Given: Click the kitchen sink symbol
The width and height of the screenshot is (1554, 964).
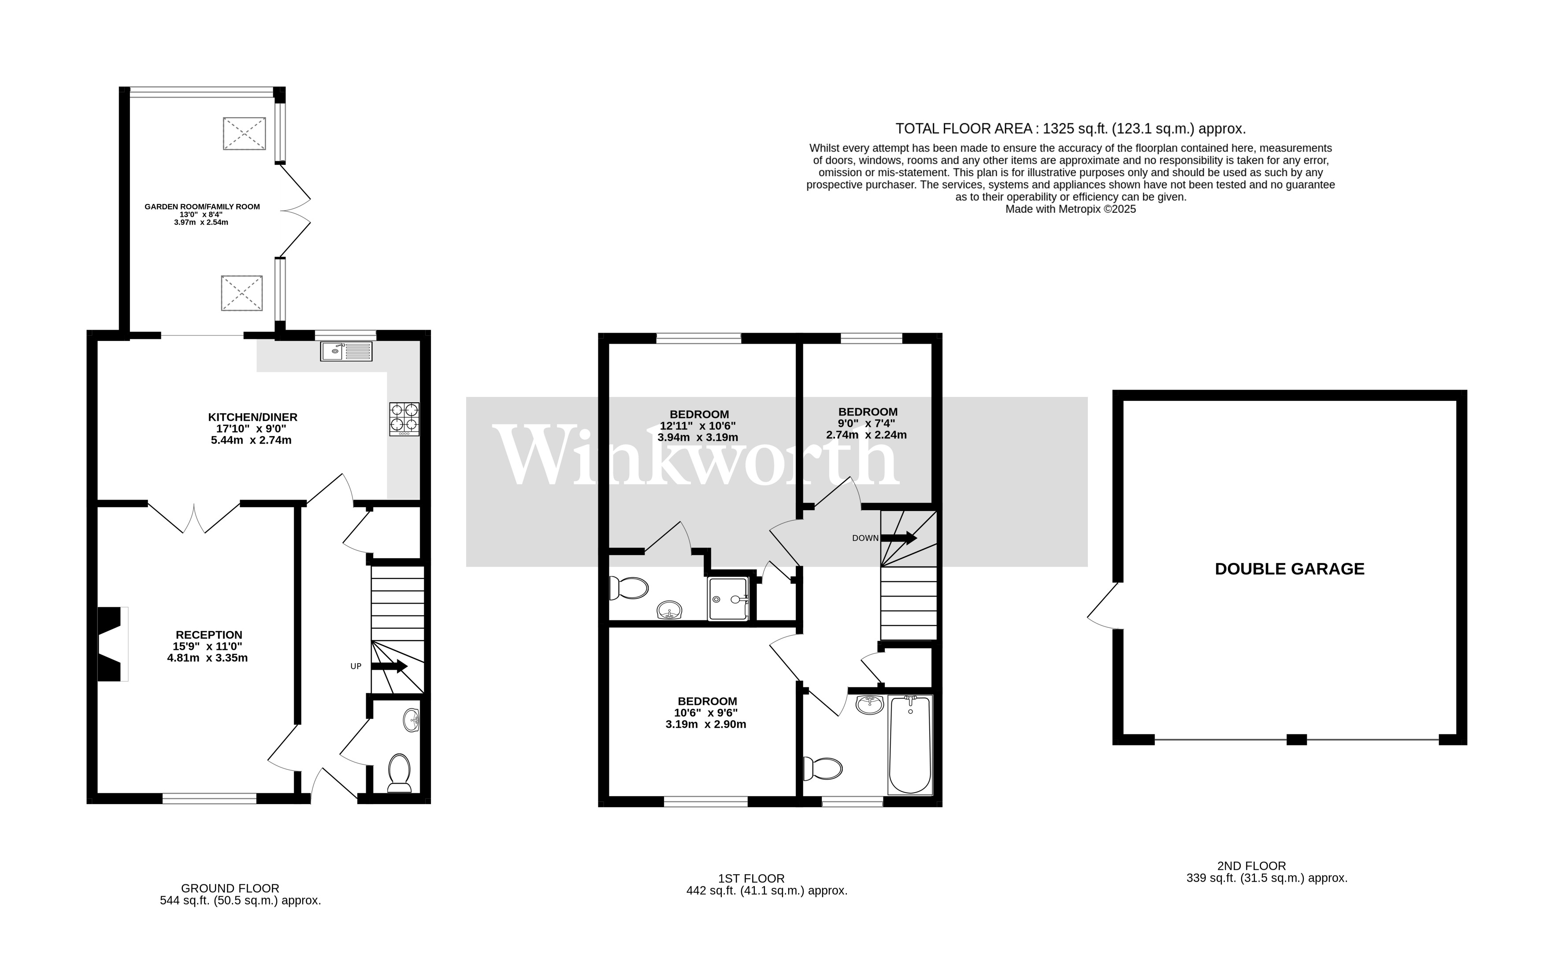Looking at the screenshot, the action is click(346, 351).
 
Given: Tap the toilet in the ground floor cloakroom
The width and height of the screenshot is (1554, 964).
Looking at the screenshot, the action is click(400, 773).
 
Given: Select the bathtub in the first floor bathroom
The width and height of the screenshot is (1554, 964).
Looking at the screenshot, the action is click(910, 745).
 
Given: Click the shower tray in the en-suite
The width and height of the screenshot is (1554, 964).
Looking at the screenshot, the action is click(728, 599).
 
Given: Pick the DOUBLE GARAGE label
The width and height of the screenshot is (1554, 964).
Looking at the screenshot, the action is click(1290, 569).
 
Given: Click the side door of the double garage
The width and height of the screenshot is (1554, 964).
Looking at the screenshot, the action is click(1103, 606).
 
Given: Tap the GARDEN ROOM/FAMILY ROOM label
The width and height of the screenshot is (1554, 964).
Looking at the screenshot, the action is click(202, 207).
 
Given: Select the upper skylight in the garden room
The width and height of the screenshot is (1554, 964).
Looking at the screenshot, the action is click(244, 133).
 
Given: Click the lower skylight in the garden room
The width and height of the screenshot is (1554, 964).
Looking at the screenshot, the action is click(241, 293).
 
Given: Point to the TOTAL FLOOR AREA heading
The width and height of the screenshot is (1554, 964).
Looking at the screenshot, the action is click(1070, 129).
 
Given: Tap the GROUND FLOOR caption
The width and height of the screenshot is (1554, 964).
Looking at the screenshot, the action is click(230, 888).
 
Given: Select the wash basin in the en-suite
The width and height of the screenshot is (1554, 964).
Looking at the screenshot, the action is click(669, 610).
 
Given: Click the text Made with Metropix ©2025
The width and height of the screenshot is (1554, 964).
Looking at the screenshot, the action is click(1070, 209).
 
